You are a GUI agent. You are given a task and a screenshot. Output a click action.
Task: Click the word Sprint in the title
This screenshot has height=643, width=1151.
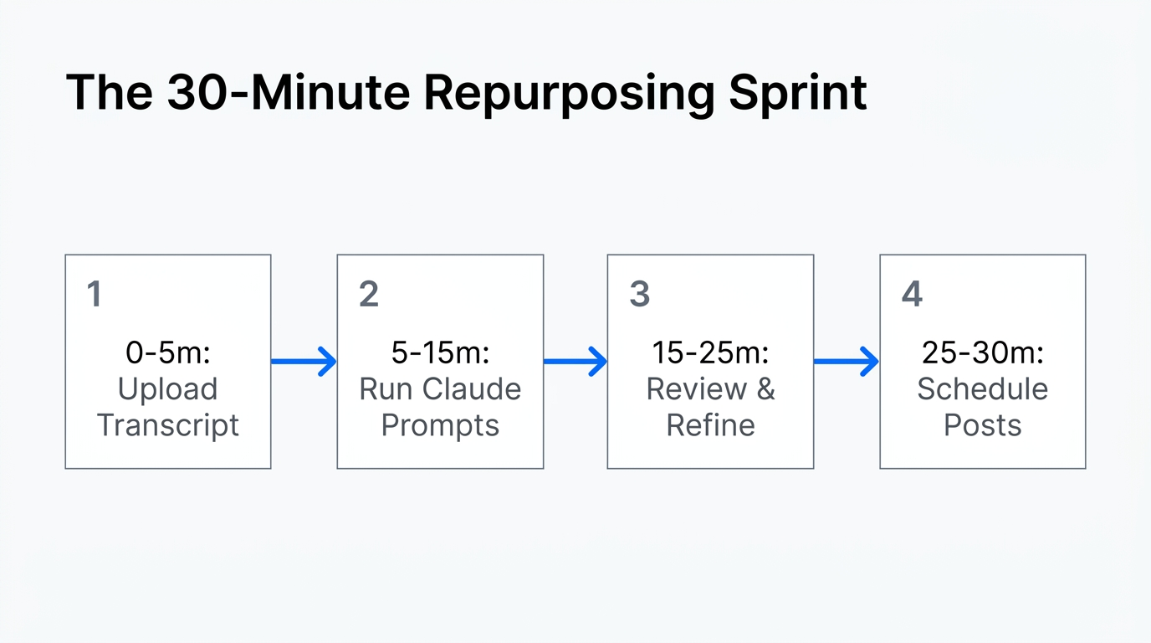(x=797, y=92)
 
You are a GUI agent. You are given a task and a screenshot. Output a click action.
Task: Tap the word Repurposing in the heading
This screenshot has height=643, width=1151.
(x=570, y=92)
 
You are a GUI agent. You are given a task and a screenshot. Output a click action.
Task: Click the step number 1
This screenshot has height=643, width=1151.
(x=95, y=294)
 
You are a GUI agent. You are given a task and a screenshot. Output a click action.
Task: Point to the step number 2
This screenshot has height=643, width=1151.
(x=368, y=294)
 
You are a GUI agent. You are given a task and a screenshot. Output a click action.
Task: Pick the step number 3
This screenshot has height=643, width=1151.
(x=639, y=294)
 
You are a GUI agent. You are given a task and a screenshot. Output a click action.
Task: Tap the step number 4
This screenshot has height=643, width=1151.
(x=912, y=294)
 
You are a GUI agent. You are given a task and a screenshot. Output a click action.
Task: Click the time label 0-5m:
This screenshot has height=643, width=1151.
(x=168, y=353)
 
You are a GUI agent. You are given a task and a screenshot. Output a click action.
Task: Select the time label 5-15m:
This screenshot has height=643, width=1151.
(x=440, y=353)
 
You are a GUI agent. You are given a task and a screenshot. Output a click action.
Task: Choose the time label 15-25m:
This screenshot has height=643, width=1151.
(x=710, y=353)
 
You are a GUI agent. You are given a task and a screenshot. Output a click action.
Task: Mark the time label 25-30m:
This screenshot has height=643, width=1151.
(x=983, y=353)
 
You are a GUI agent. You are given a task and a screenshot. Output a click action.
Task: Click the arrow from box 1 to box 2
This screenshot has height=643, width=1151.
(x=304, y=362)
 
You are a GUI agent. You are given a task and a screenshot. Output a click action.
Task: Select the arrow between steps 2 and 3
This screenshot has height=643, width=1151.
(x=575, y=362)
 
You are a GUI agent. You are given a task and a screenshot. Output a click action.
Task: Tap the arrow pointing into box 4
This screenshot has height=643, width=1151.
(x=847, y=362)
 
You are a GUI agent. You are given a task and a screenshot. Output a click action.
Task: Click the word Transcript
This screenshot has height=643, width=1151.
(x=168, y=425)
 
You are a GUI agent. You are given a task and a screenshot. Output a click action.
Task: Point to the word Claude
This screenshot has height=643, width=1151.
(x=471, y=389)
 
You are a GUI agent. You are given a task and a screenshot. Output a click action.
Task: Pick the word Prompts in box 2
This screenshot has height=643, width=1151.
(x=440, y=425)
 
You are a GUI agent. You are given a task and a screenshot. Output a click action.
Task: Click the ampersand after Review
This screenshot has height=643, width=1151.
(x=765, y=389)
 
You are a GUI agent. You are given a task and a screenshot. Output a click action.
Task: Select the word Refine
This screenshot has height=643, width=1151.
(x=710, y=425)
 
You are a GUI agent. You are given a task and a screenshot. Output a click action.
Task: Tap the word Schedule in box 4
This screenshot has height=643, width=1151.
(x=983, y=389)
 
